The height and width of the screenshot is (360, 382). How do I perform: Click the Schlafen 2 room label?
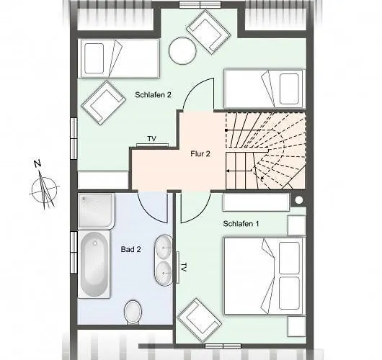[x=153, y=95]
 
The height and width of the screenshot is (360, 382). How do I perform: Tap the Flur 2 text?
[x=200, y=153]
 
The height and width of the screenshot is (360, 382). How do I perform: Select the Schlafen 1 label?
[x=241, y=224]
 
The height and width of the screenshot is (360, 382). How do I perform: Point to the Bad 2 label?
[x=130, y=249]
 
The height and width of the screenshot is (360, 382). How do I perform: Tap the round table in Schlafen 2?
[x=182, y=50]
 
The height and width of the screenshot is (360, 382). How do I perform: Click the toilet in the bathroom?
[x=133, y=312]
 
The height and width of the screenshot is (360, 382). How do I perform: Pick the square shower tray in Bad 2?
[x=96, y=210]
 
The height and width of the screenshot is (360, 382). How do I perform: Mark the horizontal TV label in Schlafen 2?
[x=151, y=138]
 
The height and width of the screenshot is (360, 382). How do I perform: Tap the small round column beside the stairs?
[x=298, y=199]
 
